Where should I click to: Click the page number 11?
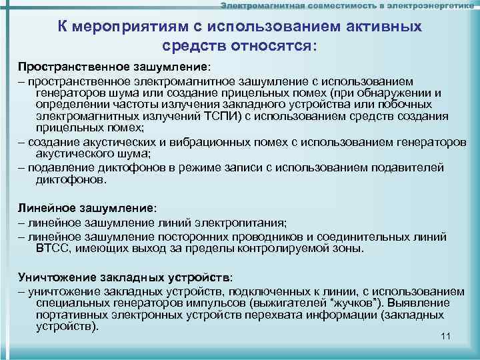click(446, 335)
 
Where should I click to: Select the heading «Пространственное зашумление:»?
click(113, 67)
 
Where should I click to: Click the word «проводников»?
click(283, 237)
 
